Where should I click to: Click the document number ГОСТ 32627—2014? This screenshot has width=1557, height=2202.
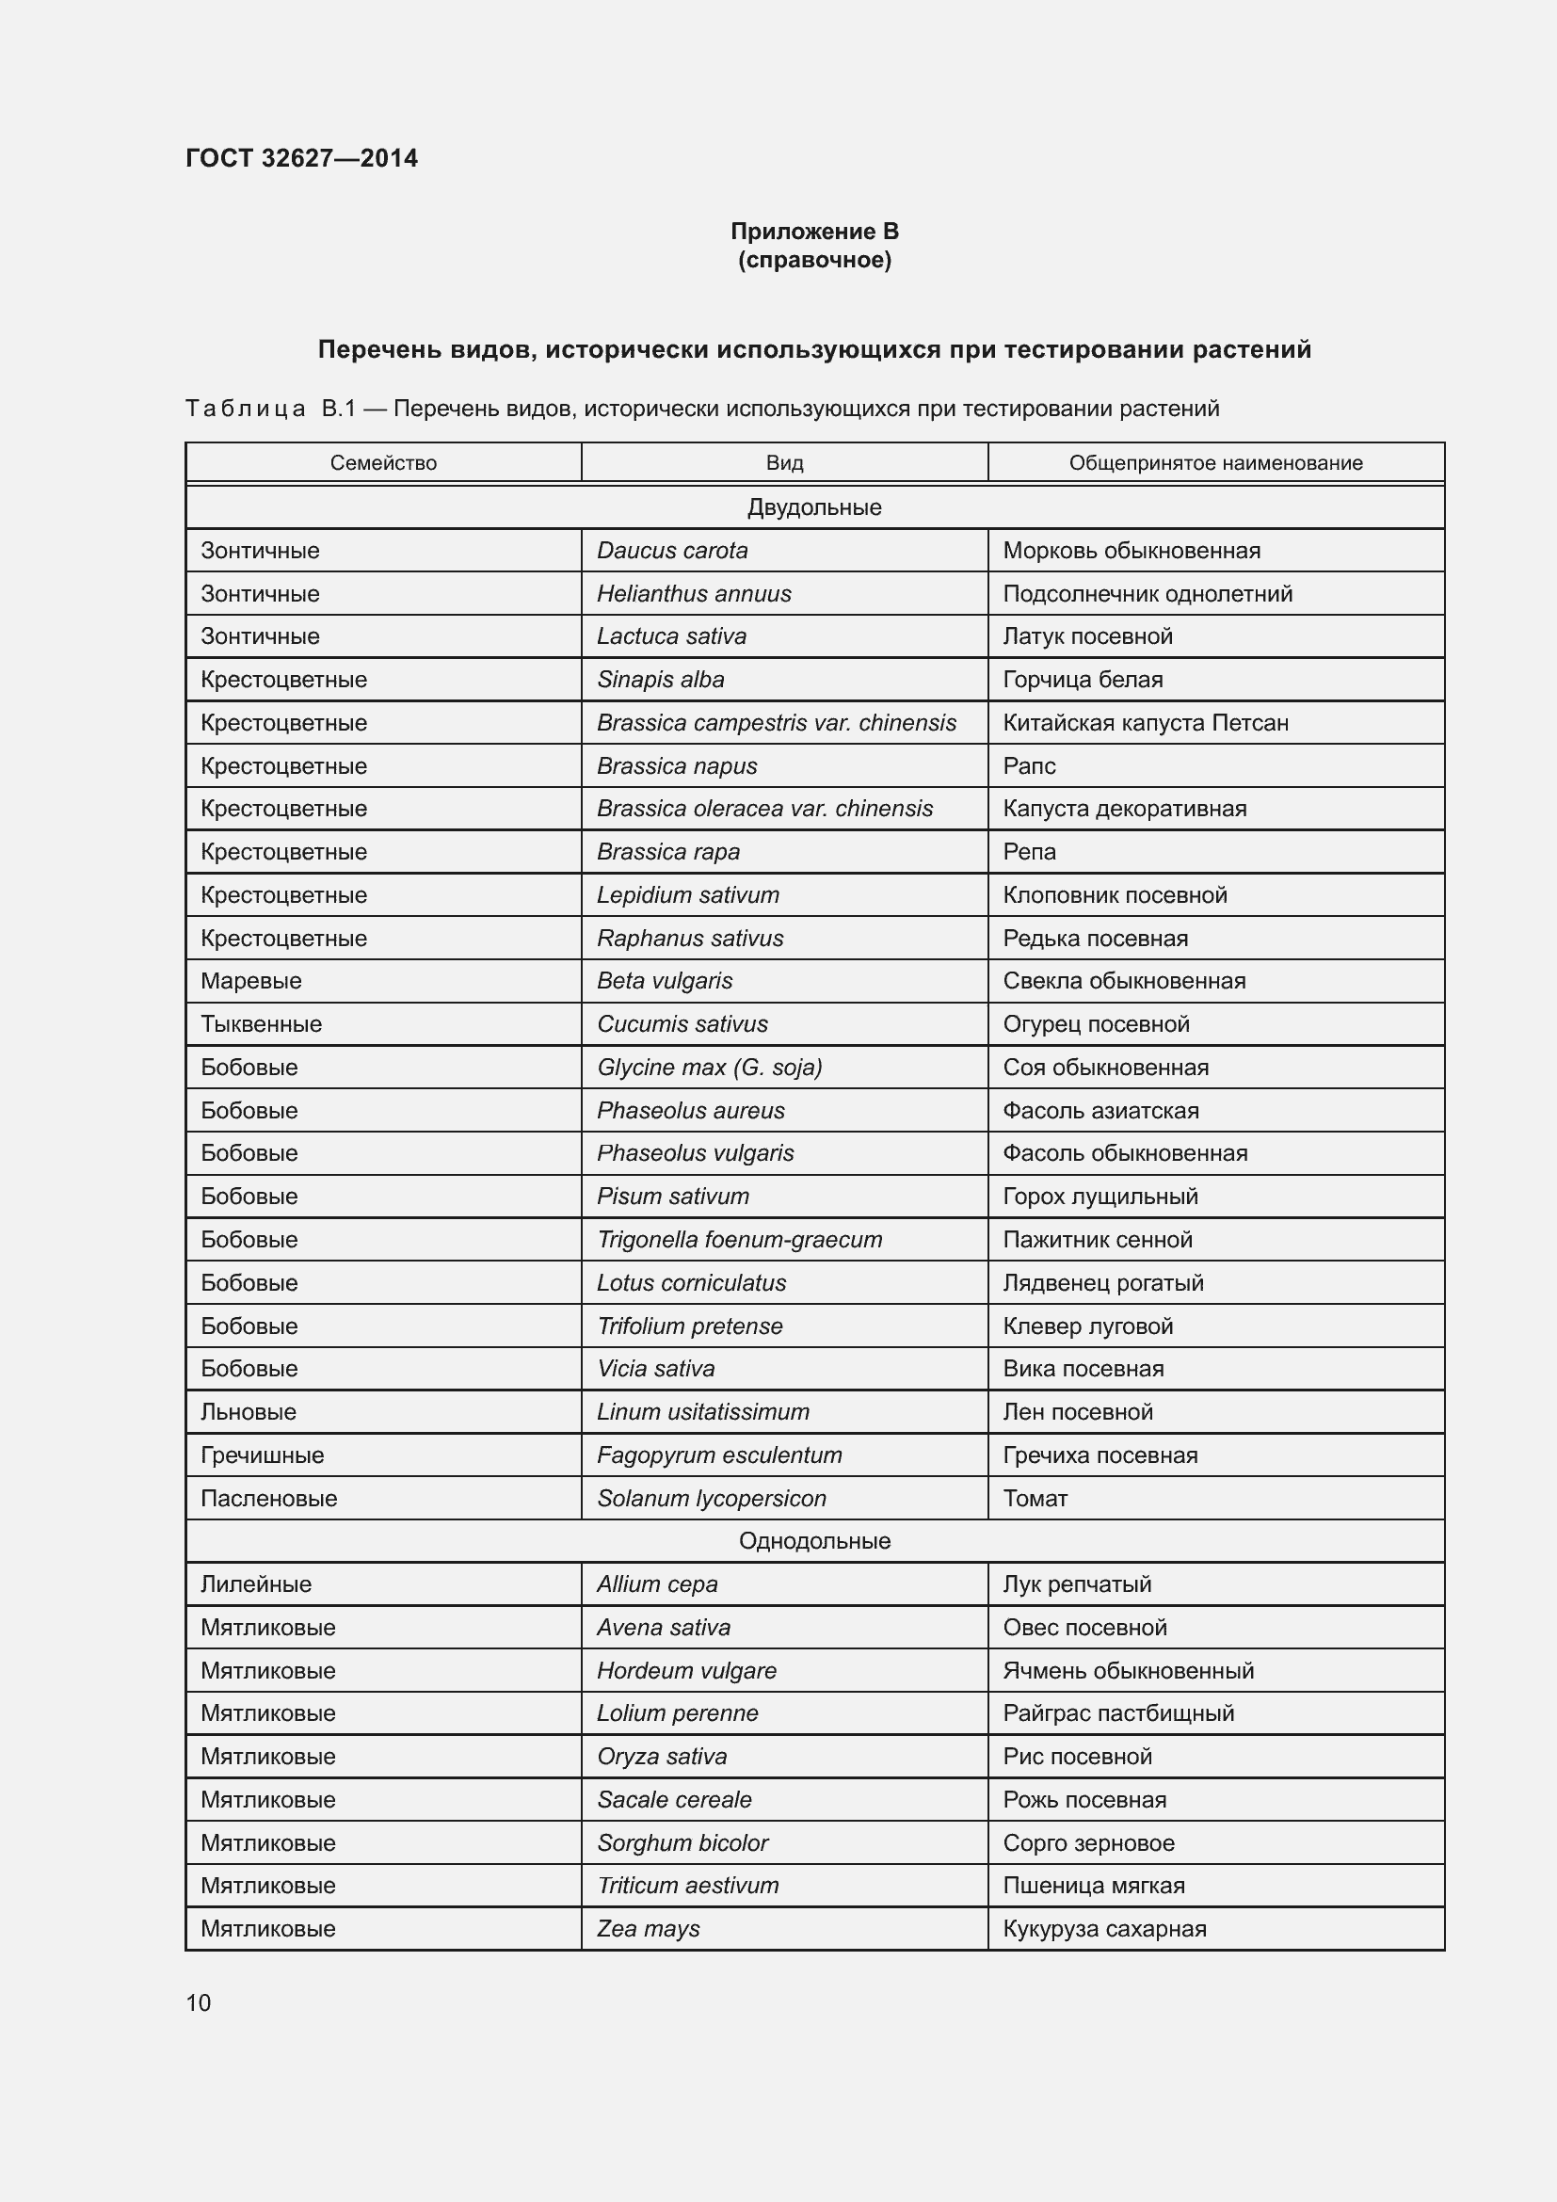[301, 158]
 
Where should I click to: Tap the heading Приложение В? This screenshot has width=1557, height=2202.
[814, 232]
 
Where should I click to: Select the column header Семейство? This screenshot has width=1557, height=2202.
[382, 463]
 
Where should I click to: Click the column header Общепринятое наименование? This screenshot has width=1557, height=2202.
[1214, 463]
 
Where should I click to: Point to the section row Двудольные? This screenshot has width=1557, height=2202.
[814, 507]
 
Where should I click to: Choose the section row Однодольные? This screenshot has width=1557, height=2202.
[814, 1541]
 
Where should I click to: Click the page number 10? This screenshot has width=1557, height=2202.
[199, 2003]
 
